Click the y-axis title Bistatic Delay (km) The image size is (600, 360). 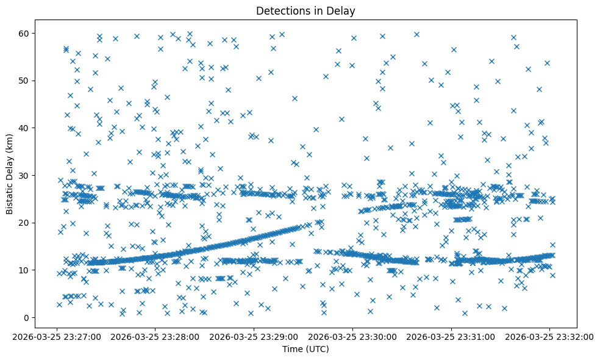tap(10, 173)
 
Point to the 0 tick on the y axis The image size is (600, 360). tap(27, 317)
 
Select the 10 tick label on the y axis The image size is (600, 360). tap(25, 270)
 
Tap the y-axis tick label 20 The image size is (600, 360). tap(25, 223)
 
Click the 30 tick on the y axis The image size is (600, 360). tap(25, 175)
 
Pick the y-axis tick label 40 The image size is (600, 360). tap(25, 128)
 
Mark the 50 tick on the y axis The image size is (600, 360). tap(25, 81)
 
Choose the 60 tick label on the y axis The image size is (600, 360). tap(25, 33)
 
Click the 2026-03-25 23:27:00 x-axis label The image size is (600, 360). tap(57, 336)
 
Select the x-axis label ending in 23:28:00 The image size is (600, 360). tap(155, 336)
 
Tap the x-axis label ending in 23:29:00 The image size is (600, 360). tap(254, 336)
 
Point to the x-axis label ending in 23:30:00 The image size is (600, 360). tap(352, 336)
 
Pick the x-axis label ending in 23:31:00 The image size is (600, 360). tap(451, 336)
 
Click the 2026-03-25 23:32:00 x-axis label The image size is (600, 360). tap(549, 336)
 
